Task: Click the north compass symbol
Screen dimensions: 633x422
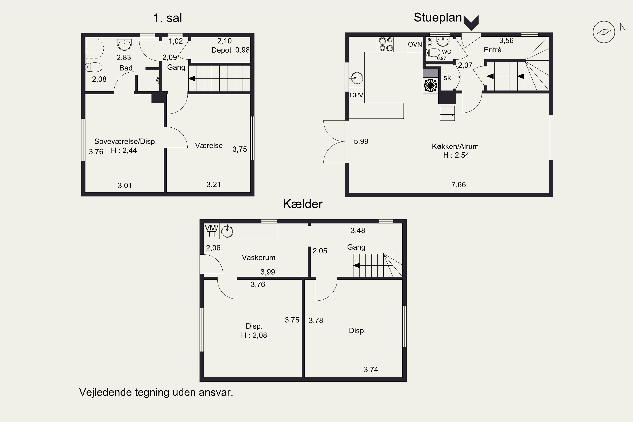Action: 604,32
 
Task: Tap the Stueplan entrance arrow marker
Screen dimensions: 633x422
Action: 471,23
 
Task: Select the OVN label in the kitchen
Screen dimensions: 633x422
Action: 415,44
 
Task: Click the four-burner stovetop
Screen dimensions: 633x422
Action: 386,44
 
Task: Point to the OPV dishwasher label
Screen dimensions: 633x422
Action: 356,95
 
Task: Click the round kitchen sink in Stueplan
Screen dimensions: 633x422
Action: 356,78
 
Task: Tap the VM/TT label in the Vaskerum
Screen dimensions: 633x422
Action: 212,231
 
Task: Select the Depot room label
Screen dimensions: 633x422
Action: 221,50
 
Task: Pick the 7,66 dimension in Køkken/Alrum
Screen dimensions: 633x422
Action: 459,185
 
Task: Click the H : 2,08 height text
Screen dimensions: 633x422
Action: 254,335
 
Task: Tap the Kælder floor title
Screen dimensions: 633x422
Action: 303,204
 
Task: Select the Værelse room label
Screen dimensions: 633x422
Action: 209,146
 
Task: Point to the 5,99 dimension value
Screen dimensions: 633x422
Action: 361,142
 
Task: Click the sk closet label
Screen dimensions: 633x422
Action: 447,78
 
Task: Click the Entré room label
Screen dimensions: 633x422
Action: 492,50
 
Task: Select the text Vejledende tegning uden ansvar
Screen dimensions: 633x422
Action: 156,392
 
